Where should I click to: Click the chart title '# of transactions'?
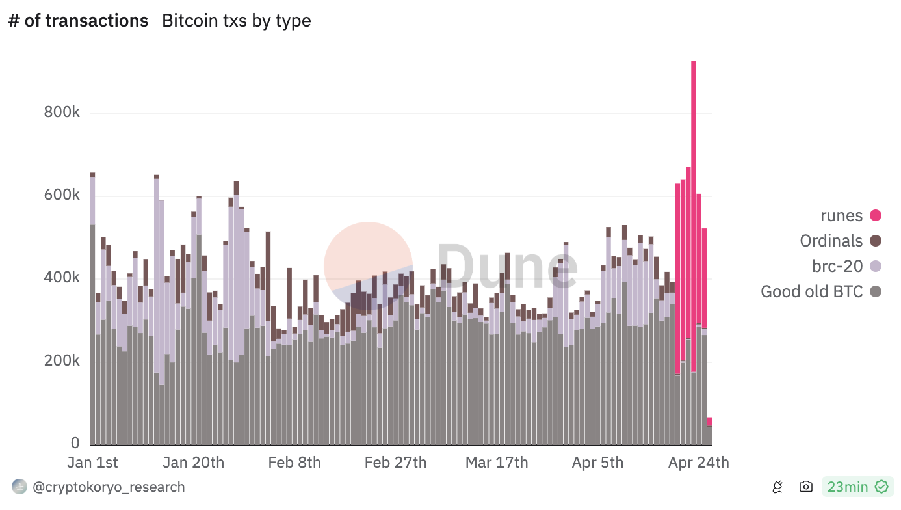pos(78,21)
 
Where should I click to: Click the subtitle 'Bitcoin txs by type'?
pos(236,21)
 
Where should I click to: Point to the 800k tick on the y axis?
pos(62,113)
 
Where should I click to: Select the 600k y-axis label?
pos(62,196)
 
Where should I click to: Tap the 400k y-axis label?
pos(62,278)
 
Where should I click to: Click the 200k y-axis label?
pos(62,361)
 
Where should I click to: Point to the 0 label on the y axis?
pos(75,444)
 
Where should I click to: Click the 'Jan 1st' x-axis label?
pos(93,463)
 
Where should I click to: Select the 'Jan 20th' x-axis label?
pos(193,463)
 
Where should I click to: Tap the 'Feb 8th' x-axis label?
pos(294,463)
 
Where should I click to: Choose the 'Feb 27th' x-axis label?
pos(395,463)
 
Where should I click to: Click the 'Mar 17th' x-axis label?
pos(497,463)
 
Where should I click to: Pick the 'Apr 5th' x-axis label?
pos(597,463)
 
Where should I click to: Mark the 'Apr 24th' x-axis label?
pos(699,463)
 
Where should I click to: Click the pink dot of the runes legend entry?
pos(876,216)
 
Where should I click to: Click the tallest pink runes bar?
pos(694,195)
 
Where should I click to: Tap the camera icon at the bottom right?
pos(806,487)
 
